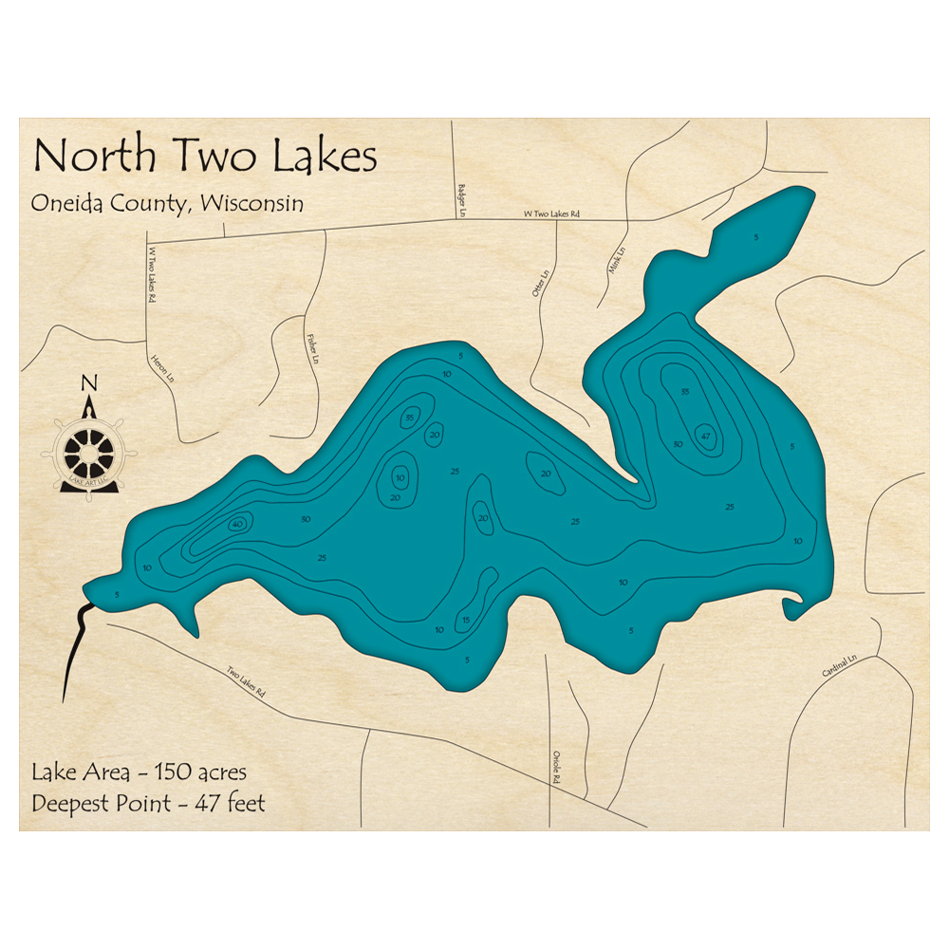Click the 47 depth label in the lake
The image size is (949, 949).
click(705, 436)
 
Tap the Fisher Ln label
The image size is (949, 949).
click(310, 348)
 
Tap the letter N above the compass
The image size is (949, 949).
click(89, 383)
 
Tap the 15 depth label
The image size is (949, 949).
click(466, 621)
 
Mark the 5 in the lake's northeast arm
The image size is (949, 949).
click(755, 236)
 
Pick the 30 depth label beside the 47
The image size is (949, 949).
click(678, 444)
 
